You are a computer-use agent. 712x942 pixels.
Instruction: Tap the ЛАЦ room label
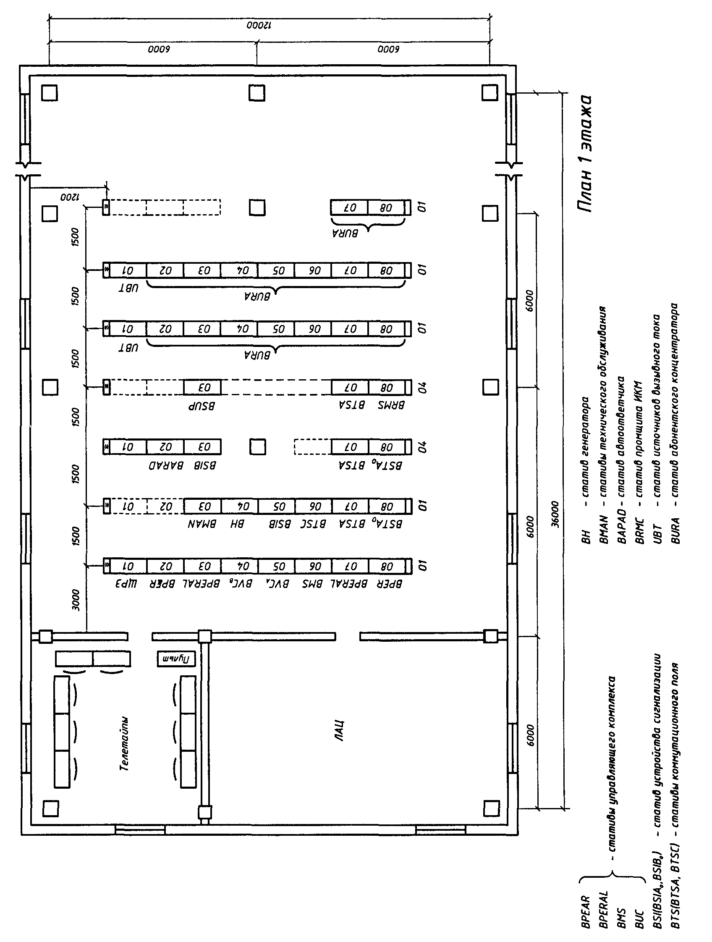click(339, 731)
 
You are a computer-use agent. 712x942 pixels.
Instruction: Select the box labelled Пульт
click(177, 659)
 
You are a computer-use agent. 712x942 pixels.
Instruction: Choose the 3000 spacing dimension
click(76, 600)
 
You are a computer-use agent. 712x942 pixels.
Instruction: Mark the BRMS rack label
click(391, 405)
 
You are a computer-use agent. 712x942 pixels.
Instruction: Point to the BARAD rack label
click(166, 465)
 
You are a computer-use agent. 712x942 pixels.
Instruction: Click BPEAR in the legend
click(585, 912)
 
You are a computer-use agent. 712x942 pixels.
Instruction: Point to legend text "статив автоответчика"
click(621, 436)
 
